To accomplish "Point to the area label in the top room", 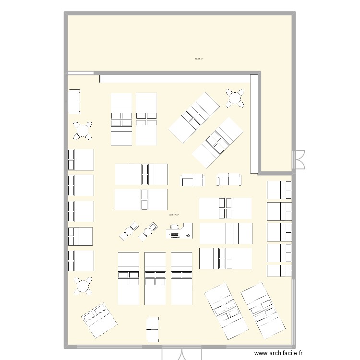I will [x=199, y=59].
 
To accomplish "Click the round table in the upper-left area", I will [x=83, y=130].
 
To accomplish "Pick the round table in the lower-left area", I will [x=83, y=286].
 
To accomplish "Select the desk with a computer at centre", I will [x=179, y=231].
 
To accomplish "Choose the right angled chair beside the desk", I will [x=149, y=230].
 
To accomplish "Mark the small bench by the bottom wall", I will [x=152, y=329].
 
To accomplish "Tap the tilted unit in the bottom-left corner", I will [x=99, y=320].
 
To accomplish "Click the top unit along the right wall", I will [x=279, y=190].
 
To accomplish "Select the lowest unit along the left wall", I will [x=81, y=261].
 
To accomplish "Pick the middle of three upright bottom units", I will [x=155, y=278].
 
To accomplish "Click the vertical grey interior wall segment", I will [x=254, y=122].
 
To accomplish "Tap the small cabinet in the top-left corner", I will [x=73, y=101].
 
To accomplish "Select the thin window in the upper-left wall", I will [x=80, y=73].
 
